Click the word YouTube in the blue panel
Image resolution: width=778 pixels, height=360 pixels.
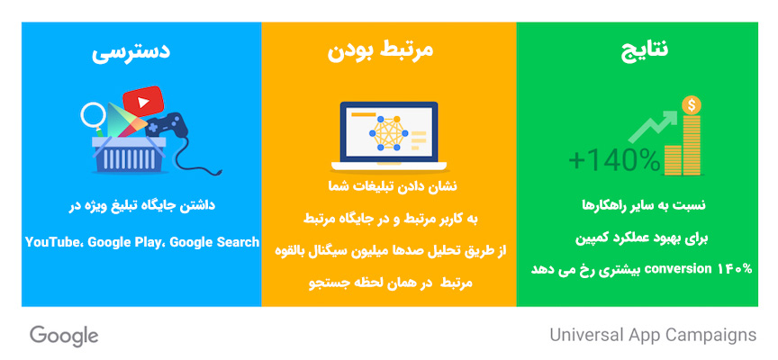click(x=53, y=242)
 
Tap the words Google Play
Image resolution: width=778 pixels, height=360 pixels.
click(x=124, y=242)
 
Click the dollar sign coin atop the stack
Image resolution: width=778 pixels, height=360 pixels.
click(x=692, y=105)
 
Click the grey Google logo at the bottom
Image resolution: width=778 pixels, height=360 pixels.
click(x=64, y=336)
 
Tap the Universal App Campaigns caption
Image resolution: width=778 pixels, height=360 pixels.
click(x=653, y=336)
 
